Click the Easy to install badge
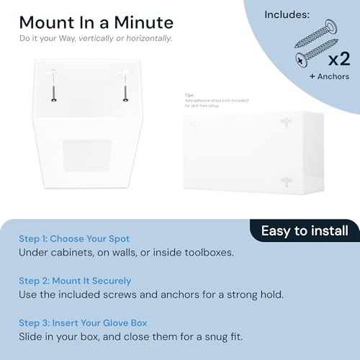pyautogui.click(x=305, y=231)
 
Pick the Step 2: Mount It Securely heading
pyautogui.click(x=75, y=281)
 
